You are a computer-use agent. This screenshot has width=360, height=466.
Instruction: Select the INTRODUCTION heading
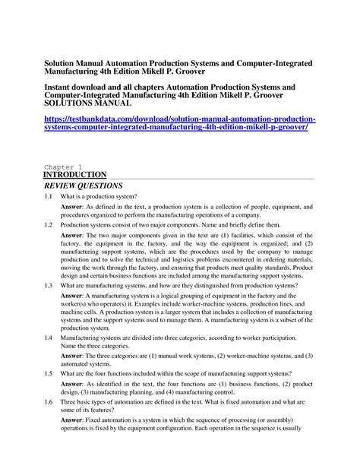pyautogui.click(x=75, y=175)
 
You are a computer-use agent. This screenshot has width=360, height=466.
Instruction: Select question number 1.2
pyautogui.click(x=49, y=226)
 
